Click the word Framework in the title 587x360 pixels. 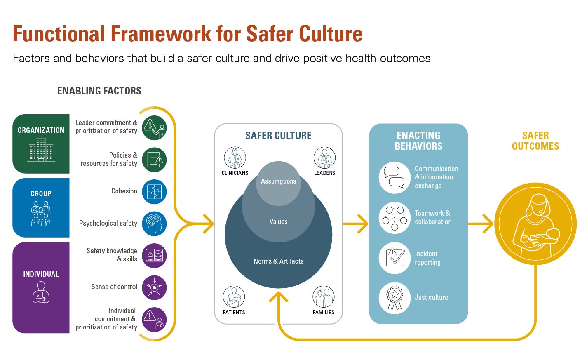click(161, 34)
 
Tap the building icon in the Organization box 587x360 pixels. click(41, 150)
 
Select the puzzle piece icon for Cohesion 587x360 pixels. click(154, 192)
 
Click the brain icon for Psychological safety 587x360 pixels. click(154, 224)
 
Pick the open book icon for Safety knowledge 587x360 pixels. click(154, 255)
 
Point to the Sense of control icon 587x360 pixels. click(154, 287)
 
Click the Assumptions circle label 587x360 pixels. click(278, 181)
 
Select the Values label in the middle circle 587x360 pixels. click(278, 222)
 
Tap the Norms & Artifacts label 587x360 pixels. click(278, 261)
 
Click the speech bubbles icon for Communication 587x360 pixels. click(394, 177)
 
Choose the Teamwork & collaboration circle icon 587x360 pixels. click(394, 218)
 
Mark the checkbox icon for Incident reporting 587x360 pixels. click(394, 258)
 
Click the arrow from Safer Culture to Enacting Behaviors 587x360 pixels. click(356, 224)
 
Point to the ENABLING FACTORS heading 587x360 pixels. click(99, 91)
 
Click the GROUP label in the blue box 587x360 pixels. click(41, 194)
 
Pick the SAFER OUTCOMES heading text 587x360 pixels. click(535, 141)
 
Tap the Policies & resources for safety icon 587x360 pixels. click(154, 160)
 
